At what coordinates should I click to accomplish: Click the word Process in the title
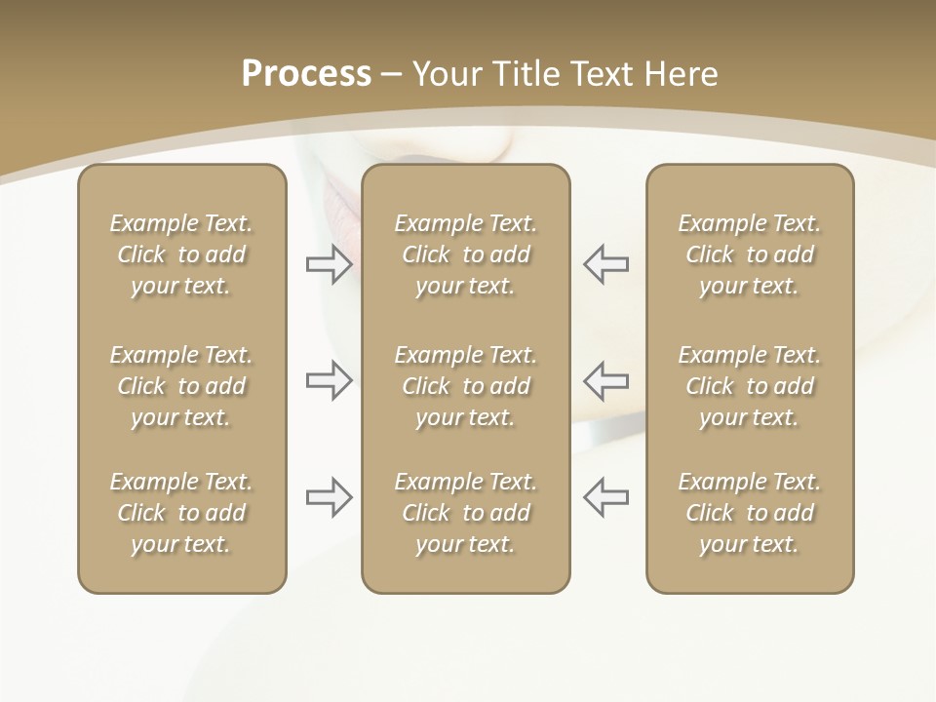click(x=306, y=74)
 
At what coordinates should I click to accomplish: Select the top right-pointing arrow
click(x=330, y=264)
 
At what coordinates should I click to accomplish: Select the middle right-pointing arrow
click(x=330, y=380)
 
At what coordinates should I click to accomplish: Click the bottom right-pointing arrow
click(x=330, y=497)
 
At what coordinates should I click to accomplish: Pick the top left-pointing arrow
click(x=605, y=264)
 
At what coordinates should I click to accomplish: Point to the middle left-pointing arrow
click(x=605, y=380)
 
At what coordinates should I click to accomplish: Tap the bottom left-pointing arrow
click(x=605, y=497)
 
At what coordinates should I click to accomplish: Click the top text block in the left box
click(x=181, y=254)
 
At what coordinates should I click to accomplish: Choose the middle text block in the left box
click(x=181, y=386)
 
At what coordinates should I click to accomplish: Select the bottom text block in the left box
click(x=181, y=513)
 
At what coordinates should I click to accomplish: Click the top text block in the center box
click(x=465, y=254)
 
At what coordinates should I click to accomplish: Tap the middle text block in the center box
click(x=465, y=386)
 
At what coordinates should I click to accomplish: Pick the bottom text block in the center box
click(x=465, y=513)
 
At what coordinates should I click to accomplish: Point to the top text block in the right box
click(x=749, y=254)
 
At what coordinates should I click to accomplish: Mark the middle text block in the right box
click(x=749, y=386)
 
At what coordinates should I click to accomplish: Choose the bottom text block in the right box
click(x=749, y=513)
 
